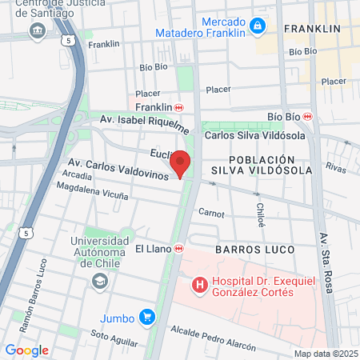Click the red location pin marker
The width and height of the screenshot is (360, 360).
click(x=181, y=162)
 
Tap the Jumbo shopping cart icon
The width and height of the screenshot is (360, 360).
click(x=146, y=318)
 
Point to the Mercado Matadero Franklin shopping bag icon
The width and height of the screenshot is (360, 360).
click(x=258, y=26)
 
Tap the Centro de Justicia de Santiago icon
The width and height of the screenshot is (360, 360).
click(x=37, y=30)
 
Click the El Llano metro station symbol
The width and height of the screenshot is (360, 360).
click(x=180, y=249)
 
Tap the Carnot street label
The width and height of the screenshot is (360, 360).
click(x=211, y=213)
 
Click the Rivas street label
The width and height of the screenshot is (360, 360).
click(x=335, y=168)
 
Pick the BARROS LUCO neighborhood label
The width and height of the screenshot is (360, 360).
click(x=254, y=250)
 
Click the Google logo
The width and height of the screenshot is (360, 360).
click(x=26, y=350)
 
